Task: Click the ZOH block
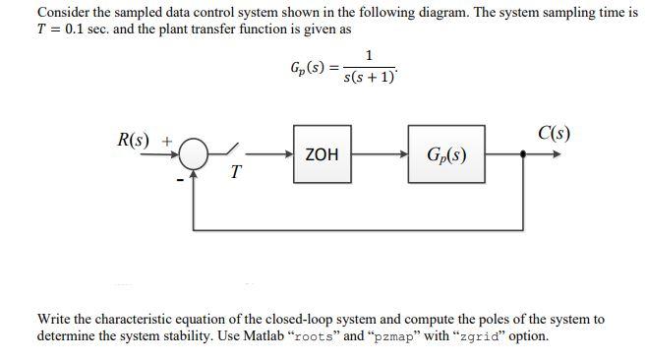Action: (322, 154)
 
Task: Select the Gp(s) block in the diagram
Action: (446, 154)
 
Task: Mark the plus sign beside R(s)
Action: (167, 140)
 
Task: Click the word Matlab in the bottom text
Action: (303, 335)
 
